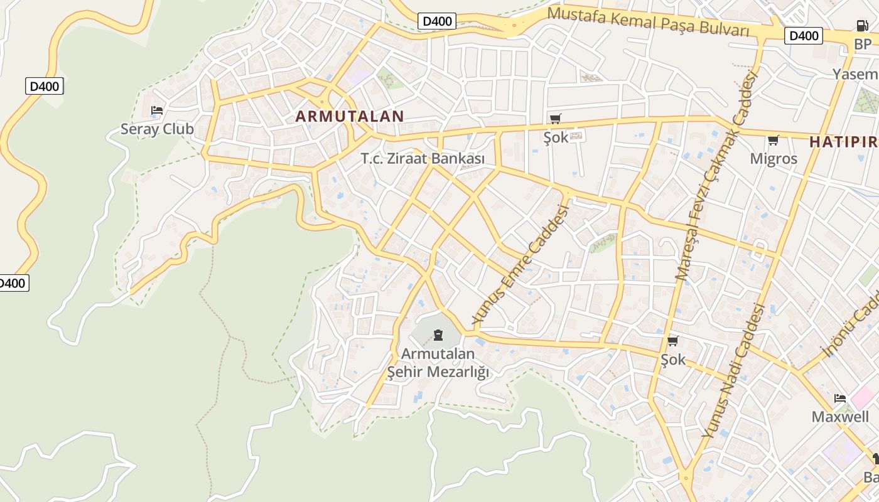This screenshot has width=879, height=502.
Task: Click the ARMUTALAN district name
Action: click(x=350, y=116)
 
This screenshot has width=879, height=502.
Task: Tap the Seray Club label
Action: click(x=157, y=129)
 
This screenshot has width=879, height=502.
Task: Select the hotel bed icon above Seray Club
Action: click(x=157, y=111)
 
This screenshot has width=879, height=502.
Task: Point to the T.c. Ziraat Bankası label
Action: click(x=423, y=159)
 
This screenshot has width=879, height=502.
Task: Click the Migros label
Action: click(x=774, y=159)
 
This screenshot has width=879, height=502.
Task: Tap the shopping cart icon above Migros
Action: click(x=774, y=141)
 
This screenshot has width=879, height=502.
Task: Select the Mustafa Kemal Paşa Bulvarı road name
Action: click(x=649, y=22)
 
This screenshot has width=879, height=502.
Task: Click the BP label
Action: click(x=863, y=45)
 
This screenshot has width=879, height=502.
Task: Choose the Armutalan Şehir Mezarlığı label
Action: click(x=438, y=363)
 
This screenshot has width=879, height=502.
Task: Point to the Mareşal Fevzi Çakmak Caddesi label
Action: click(x=716, y=176)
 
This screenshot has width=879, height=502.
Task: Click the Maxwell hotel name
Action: click(x=840, y=417)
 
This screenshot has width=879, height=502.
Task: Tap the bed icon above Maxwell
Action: click(x=839, y=398)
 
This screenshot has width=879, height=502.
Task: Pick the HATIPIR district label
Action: click(x=843, y=142)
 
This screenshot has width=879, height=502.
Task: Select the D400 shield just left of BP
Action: click(x=803, y=36)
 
